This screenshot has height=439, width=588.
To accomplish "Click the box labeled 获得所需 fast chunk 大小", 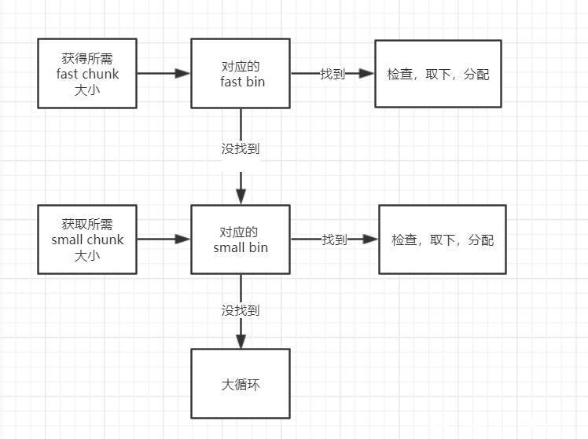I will (x=87, y=73).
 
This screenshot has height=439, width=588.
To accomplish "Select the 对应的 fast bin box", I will (x=241, y=73).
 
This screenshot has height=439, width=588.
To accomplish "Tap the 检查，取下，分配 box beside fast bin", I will (x=438, y=74).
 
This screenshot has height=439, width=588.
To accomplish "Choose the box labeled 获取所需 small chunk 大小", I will (x=87, y=239).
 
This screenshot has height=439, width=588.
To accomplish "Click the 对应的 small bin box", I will (x=241, y=240).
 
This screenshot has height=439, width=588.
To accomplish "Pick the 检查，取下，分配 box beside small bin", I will (x=442, y=240).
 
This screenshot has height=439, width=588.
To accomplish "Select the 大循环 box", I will (x=241, y=384).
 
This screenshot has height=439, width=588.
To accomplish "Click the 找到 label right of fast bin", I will (x=332, y=74).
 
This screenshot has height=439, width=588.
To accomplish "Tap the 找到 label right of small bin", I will (x=334, y=240).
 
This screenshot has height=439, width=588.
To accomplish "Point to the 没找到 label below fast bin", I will (x=241, y=148).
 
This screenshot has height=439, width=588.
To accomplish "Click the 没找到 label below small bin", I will (x=241, y=310).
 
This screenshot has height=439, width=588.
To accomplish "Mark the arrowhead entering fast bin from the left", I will (x=183, y=73).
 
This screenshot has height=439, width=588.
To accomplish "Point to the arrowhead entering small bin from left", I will (x=183, y=239).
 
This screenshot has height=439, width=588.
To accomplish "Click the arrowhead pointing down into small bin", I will (x=241, y=197).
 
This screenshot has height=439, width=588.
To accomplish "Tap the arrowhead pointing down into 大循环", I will (x=241, y=342).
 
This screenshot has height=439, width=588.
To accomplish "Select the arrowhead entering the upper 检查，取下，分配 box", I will (x=366, y=73).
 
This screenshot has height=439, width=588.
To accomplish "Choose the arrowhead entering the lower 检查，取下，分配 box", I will (x=370, y=239).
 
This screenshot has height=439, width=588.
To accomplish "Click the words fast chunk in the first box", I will (x=87, y=74).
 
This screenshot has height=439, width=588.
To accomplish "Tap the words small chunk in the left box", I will (x=87, y=240).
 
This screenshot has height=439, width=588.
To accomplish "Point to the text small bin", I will (x=241, y=248).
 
